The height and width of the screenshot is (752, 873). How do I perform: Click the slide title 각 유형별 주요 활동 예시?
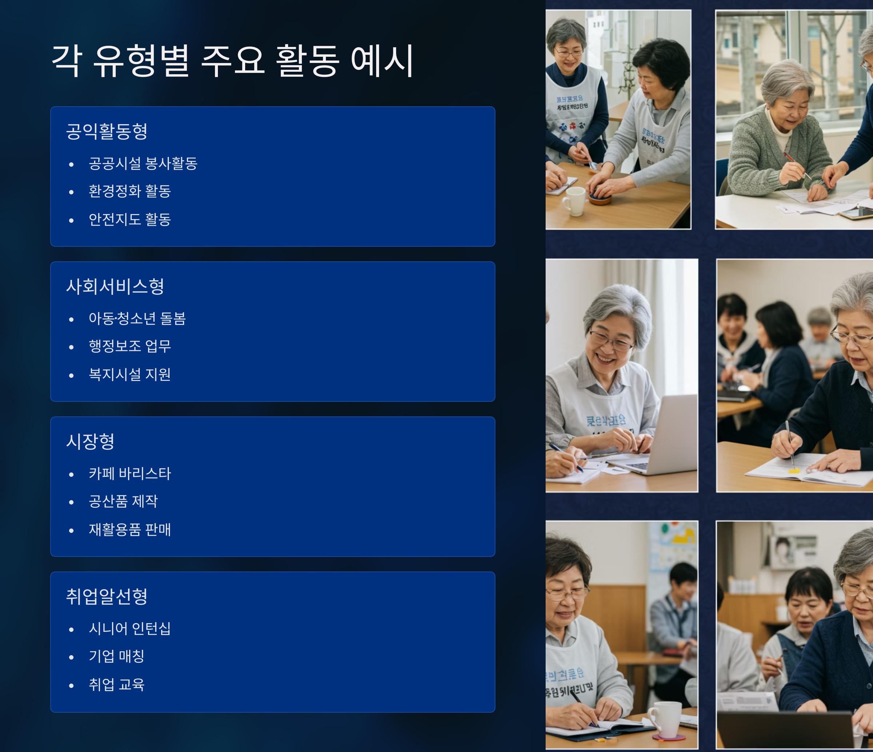tap(232, 61)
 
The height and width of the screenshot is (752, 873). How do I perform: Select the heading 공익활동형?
tap(107, 131)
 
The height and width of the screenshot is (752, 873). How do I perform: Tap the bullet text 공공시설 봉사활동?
tap(143, 163)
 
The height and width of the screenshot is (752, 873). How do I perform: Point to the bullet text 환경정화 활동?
tap(130, 191)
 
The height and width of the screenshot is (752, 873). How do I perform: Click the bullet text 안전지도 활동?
tap(130, 219)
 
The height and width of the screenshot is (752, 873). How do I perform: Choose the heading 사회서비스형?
tap(115, 286)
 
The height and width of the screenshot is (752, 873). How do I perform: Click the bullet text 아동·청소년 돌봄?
tap(137, 319)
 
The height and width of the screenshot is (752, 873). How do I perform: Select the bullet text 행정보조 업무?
tap(130, 347)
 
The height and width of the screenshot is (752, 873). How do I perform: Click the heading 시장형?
tap(90, 442)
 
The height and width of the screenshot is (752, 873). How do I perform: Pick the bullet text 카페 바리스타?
tap(130, 474)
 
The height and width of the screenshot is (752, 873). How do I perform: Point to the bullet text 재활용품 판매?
tap(130, 530)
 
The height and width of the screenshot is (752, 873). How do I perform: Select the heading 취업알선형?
tap(107, 597)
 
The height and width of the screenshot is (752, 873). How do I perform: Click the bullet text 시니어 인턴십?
tap(130, 629)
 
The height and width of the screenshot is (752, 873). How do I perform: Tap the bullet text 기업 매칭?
tap(117, 656)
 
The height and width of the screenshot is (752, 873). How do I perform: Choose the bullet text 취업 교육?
tap(117, 685)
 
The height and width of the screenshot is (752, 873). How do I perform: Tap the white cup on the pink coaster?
tap(666, 720)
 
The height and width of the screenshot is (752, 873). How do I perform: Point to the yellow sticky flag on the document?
tap(794, 470)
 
